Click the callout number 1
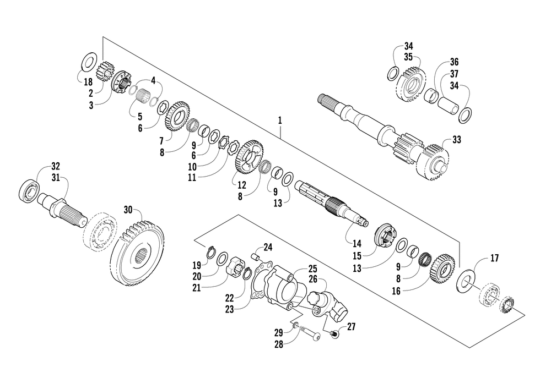(280, 120)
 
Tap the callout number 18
(88, 82)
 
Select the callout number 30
(128, 210)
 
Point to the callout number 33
(456, 140)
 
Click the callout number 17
(494, 258)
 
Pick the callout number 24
(268, 248)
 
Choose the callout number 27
(351, 327)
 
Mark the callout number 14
(357, 243)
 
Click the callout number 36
(455, 62)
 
